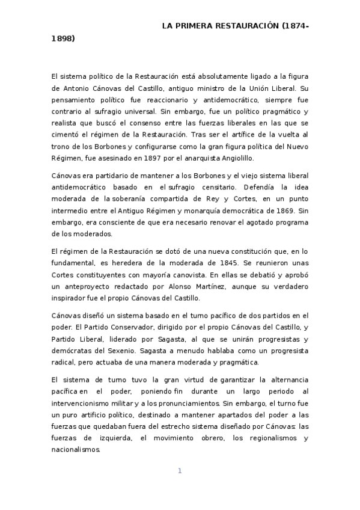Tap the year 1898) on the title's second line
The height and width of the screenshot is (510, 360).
(x=63, y=38)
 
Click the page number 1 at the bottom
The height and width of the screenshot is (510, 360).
(x=179, y=470)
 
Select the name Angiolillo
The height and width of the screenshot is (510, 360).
(x=221, y=158)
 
